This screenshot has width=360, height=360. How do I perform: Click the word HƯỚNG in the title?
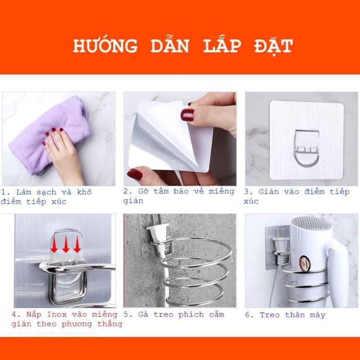tap(105, 46)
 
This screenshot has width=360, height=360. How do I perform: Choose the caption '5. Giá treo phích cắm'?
tap(174, 315)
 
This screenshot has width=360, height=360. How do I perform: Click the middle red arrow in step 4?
tap(66, 245)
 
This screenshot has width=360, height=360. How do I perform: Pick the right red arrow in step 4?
tap(77, 245)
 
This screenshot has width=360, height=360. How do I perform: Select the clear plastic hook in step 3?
tap(301, 147)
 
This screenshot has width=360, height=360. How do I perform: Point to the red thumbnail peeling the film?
tap(187, 115)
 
